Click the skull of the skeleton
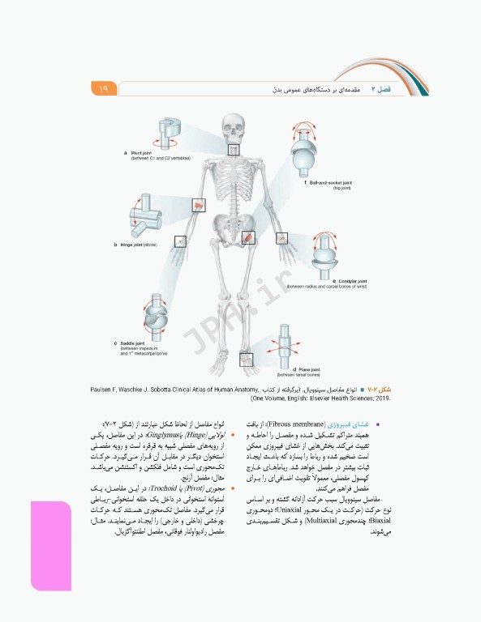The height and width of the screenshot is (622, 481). (x=234, y=127)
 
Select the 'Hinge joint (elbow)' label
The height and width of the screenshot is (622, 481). (x=138, y=244)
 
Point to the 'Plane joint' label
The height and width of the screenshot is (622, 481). (x=292, y=369)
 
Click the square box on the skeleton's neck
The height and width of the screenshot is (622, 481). (x=234, y=149)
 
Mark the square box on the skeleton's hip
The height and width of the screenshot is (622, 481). (x=248, y=237)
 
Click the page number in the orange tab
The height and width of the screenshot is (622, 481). (x=104, y=88)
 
